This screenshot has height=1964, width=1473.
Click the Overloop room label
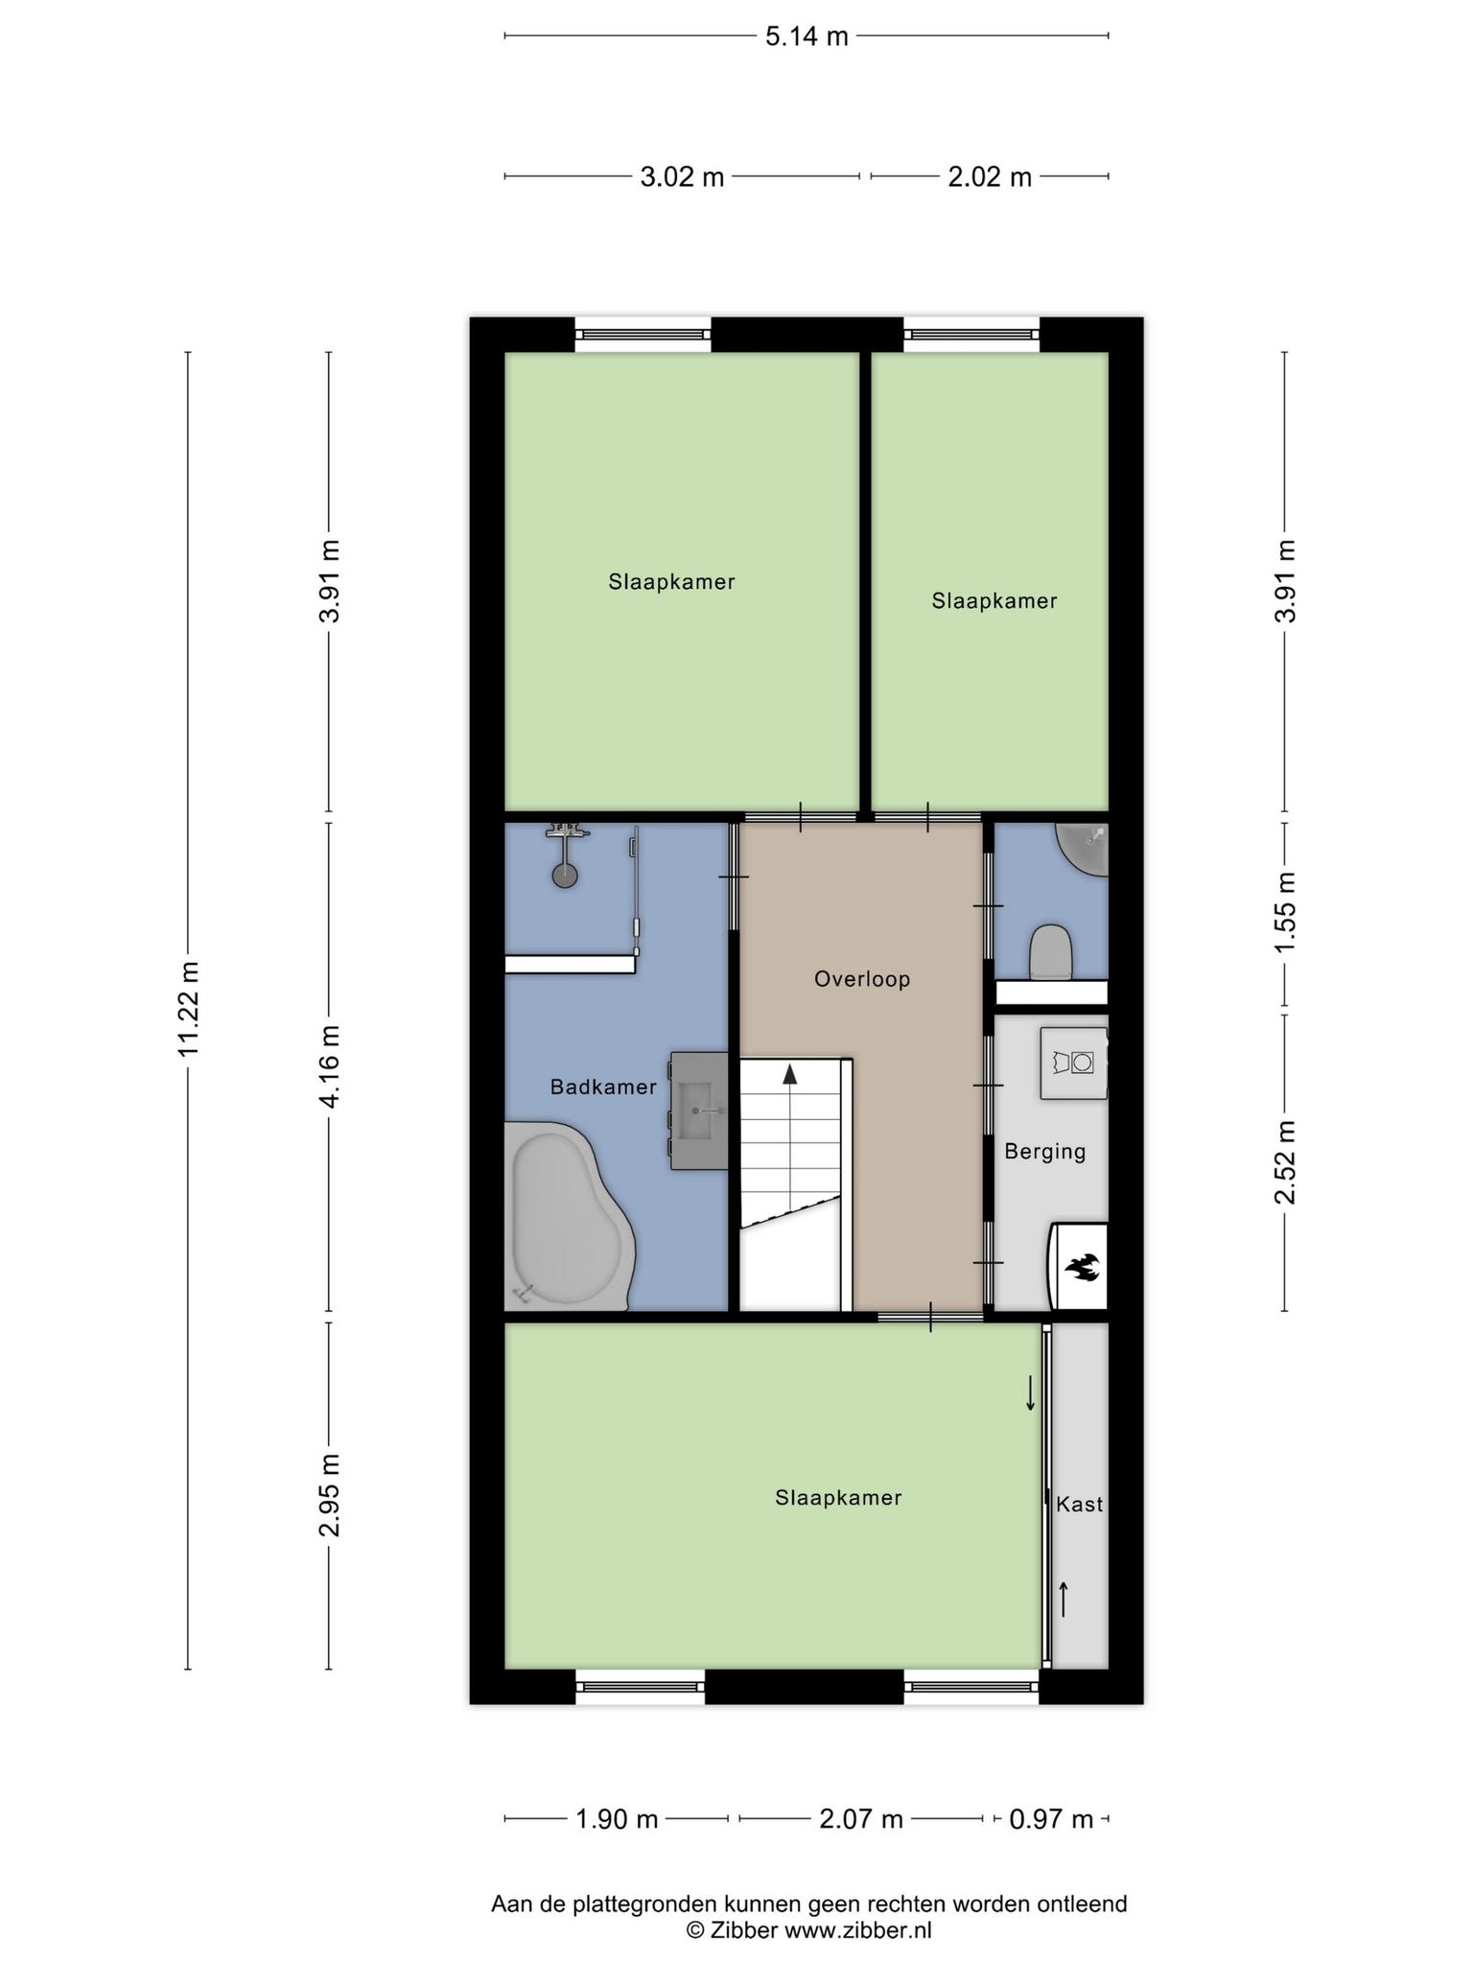click(861, 979)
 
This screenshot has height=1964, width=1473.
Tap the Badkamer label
click(603, 1087)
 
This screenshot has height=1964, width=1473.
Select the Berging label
click(1044, 1152)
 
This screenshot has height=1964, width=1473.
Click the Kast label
click(1079, 1504)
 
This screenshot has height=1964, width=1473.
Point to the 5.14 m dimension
click(807, 36)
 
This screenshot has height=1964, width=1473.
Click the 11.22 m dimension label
click(188, 1010)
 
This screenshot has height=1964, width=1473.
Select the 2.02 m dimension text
click(990, 176)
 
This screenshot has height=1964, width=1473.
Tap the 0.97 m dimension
click(1051, 1818)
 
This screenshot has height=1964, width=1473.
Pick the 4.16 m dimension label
click(329, 1067)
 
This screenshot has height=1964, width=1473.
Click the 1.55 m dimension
click(1285, 912)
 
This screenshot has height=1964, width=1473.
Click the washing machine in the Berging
click(1074, 1064)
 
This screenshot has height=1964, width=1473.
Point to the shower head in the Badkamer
click(565, 875)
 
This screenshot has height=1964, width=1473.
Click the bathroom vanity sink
click(699, 1111)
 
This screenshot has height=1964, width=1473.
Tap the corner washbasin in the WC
click(1084, 849)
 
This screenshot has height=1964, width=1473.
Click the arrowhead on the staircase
click(789, 1074)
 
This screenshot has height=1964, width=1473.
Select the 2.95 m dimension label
click(329, 1495)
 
